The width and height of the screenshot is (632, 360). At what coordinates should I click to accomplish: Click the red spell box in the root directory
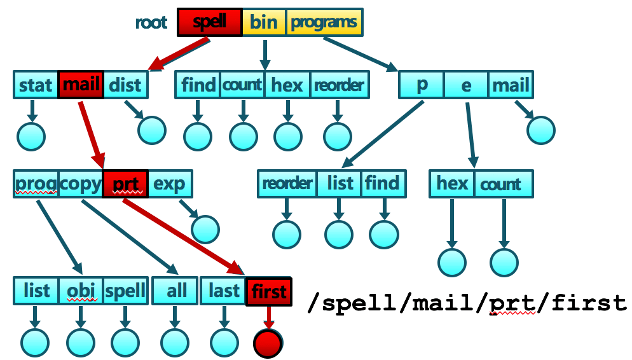209,22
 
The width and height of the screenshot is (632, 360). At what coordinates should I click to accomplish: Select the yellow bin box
264,22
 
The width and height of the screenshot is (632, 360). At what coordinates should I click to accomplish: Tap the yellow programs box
324,22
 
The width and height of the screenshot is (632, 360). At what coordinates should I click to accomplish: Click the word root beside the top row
151,23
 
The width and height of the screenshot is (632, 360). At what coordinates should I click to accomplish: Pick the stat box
36,85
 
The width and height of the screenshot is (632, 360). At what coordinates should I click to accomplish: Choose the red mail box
80,85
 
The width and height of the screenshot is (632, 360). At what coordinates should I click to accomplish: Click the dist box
125,85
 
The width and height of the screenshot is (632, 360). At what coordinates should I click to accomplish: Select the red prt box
125,184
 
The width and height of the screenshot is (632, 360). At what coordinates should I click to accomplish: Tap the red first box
269,291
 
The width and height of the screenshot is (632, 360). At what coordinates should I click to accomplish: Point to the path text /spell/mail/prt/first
467,303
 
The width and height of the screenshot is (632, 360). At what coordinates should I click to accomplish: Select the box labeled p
421,85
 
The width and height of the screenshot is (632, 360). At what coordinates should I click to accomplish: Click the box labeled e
466,85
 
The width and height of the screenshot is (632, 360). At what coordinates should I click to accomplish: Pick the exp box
170,184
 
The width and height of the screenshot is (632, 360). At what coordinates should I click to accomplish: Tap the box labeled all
176,291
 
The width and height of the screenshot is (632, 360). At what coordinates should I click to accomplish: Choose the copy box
80,184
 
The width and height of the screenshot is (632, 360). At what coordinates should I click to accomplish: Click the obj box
81,291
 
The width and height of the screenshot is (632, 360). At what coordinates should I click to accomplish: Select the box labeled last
224,291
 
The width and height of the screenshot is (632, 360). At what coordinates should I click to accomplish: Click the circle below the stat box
31,135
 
